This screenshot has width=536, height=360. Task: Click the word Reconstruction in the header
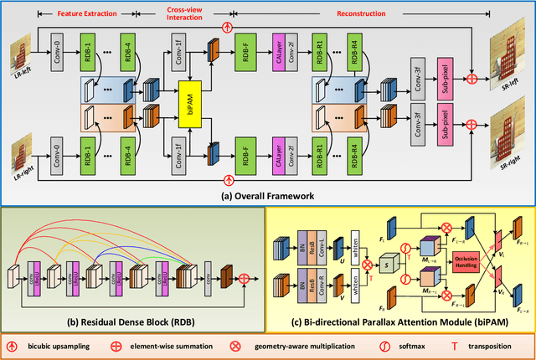click(x=379, y=14)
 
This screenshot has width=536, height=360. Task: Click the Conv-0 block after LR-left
click(x=57, y=59)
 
